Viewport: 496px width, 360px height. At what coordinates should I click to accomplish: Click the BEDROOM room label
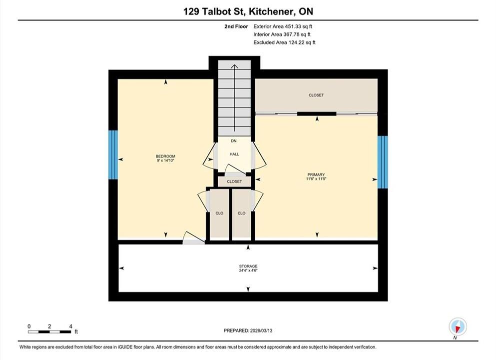click(x=165, y=156)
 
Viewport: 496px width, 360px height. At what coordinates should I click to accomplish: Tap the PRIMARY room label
click(x=316, y=174)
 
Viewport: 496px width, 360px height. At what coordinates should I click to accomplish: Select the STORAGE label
click(x=248, y=266)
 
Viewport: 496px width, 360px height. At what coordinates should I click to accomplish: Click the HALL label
click(x=234, y=154)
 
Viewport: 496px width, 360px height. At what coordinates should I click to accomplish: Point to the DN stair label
click(x=234, y=141)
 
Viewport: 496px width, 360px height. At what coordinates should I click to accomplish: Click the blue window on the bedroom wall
click(x=113, y=155)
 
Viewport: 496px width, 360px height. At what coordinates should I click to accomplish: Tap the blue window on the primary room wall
click(x=383, y=162)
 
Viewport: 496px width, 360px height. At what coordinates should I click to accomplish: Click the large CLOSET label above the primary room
click(x=316, y=95)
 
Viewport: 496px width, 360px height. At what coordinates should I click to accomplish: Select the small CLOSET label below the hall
click(x=234, y=181)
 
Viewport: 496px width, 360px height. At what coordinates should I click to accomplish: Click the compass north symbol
click(x=458, y=326)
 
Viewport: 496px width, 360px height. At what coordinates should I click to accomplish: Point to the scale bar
click(x=49, y=332)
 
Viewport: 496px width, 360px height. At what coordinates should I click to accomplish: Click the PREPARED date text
click(x=248, y=330)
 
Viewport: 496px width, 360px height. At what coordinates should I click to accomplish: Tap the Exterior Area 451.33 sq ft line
click(x=283, y=26)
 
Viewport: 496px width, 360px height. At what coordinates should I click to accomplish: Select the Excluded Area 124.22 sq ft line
click(x=284, y=42)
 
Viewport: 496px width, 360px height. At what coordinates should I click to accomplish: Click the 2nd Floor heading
click(x=236, y=26)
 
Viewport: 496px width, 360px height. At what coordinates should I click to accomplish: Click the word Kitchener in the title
click(x=270, y=11)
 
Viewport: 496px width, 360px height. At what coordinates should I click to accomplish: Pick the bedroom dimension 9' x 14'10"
click(x=165, y=160)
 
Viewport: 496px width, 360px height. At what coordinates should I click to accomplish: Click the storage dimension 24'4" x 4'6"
click(x=248, y=270)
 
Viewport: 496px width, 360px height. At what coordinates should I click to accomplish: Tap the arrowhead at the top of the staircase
click(x=234, y=66)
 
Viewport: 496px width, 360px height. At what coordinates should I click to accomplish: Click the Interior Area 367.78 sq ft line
click(x=282, y=34)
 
